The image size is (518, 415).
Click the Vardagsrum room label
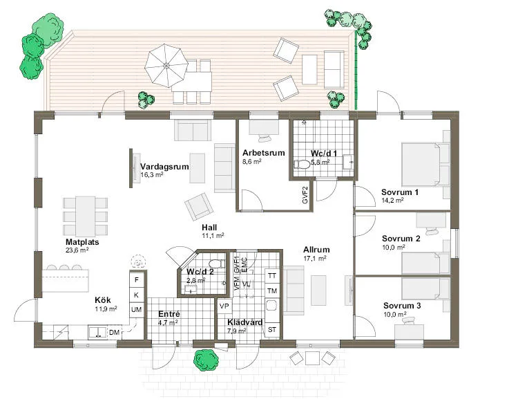coord(164,167)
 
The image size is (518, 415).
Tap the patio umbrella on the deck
coord(166,65)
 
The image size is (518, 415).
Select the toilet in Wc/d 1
coord(303,164)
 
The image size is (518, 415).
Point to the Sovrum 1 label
coord(400,192)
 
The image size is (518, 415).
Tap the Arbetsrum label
coord(263,153)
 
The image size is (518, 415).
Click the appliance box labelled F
coord(137,280)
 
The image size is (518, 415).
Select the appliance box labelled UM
coord(137,310)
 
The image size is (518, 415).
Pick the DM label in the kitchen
coord(114,333)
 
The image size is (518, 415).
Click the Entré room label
coord(169,313)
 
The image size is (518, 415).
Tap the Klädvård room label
coord(244,322)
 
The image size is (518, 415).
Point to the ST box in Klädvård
coord(272,329)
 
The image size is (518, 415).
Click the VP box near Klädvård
coord(224,306)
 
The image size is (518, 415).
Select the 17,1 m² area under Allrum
coord(314,258)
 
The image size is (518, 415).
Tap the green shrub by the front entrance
coord(205,360)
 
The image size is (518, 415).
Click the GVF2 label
coord(305,194)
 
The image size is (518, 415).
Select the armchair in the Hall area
coord(199,205)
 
